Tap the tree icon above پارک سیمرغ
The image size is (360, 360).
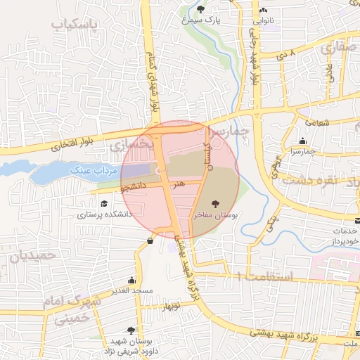tap(201, 9)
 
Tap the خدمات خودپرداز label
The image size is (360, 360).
tap(345, 236)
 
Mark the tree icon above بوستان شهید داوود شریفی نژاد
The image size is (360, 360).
tap(131, 329)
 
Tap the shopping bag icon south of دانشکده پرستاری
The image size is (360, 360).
tap(150, 241)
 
